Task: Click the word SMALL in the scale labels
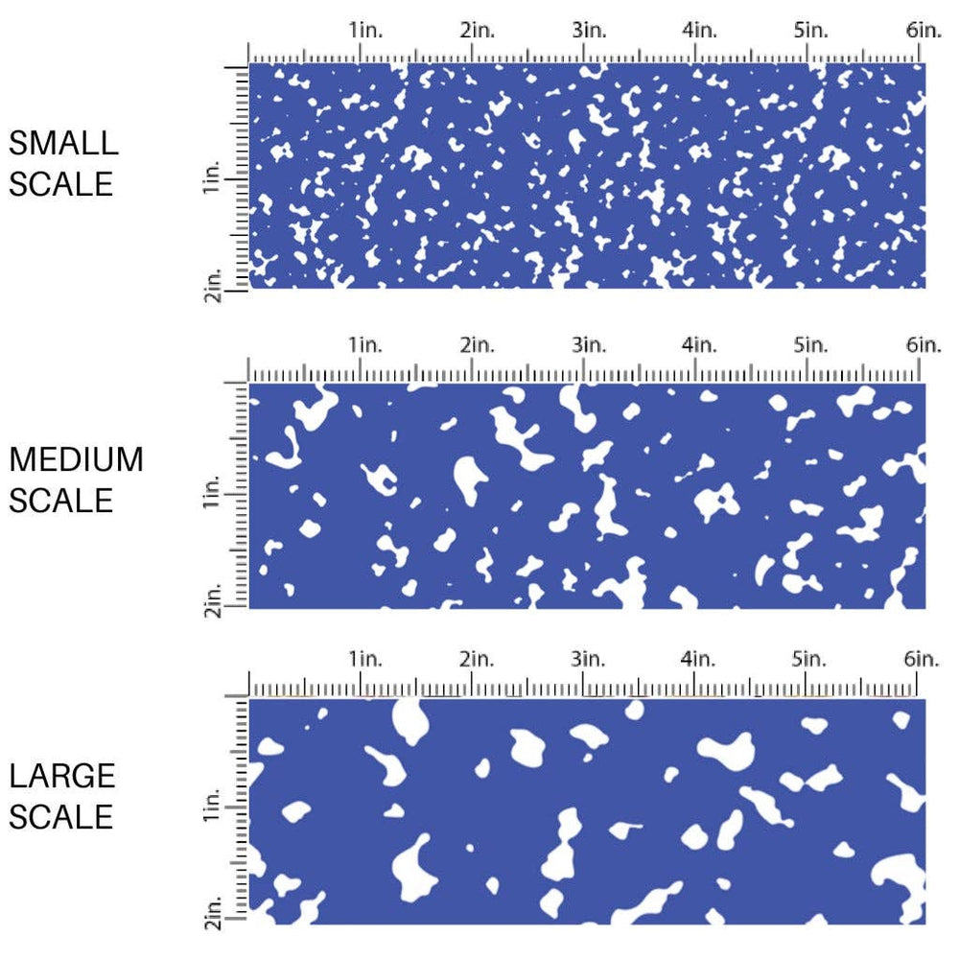[x=63, y=144]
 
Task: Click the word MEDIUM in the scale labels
[x=77, y=459]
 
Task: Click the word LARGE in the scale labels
[x=62, y=776]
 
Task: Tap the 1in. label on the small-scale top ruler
[x=365, y=31]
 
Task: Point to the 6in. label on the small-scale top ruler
[x=923, y=31]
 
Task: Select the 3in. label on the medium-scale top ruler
[x=589, y=344]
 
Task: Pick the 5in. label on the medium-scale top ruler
[x=810, y=344]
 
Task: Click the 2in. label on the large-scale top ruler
[x=477, y=659]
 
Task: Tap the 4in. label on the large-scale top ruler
[x=699, y=659]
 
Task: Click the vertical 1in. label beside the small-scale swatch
[x=213, y=179]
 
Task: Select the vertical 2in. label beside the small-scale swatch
[x=213, y=287]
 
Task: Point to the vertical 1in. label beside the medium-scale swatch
[x=213, y=495]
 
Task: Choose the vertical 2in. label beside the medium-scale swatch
[x=213, y=603]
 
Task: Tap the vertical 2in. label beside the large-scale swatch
[x=213, y=919]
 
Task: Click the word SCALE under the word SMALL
[x=62, y=183]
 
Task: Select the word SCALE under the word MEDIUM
[x=62, y=500]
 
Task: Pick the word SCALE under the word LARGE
[x=62, y=816]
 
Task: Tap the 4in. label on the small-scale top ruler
[x=700, y=31]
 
